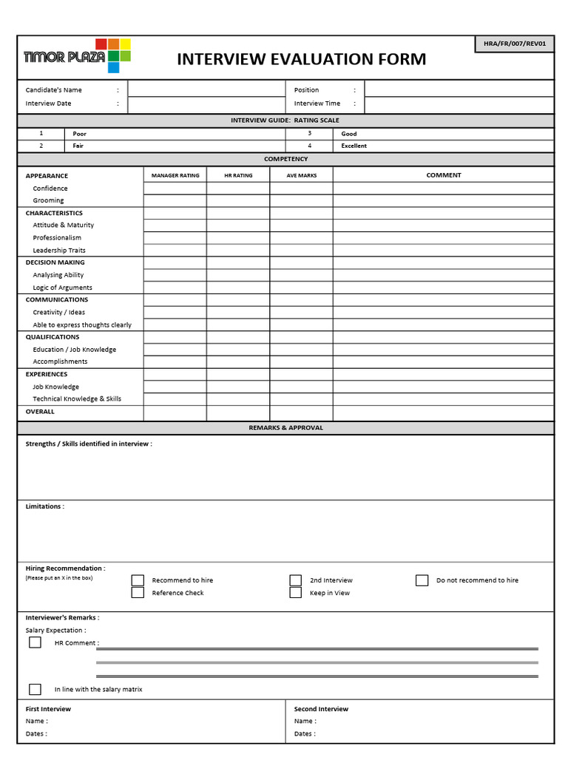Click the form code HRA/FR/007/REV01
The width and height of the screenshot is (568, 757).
click(x=514, y=44)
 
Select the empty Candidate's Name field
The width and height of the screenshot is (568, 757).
click(x=206, y=89)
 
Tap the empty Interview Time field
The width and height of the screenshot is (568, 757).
click(x=459, y=104)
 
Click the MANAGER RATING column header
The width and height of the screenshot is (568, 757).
click(x=175, y=175)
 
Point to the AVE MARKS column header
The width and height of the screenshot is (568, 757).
click(x=301, y=175)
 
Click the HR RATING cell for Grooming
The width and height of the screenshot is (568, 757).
click(x=238, y=200)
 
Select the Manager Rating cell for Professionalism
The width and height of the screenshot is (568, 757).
click(x=175, y=238)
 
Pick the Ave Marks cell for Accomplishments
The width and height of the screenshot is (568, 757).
click(x=301, y=361)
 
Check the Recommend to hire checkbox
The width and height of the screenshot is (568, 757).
click(x=138, y=580)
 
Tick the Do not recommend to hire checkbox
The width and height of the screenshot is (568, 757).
click(x=422, y=580)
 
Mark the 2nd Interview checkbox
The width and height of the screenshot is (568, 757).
click(x=296, y=580)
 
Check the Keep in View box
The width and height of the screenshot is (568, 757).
click(x=296, y=593)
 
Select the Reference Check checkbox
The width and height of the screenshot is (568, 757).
click(x=138, y=593)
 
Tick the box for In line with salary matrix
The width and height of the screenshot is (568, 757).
click(x=35, y=689)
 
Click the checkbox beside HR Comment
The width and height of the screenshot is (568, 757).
click(x=35, y=642)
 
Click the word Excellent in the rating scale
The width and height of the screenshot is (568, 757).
click(x=354, y=146)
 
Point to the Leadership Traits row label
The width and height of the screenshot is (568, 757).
click(x=59, y=251)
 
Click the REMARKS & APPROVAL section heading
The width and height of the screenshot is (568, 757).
click(x=285, y=428)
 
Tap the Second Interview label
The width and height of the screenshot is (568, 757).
click(x=321, y=709)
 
